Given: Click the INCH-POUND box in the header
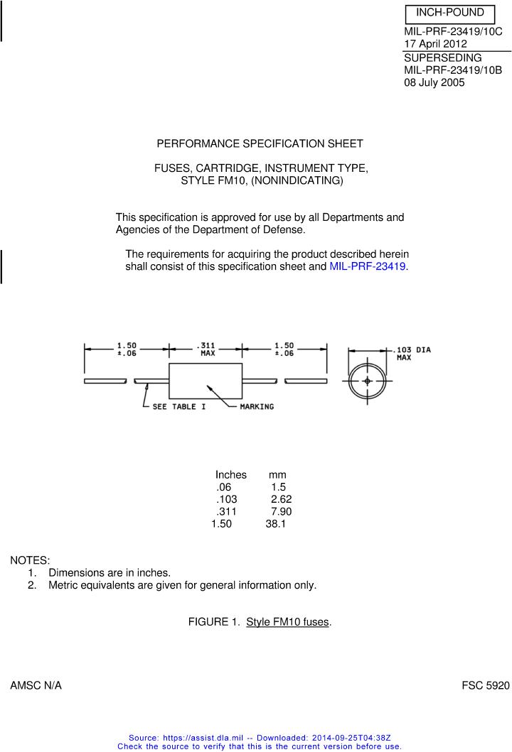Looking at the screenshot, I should tap(449, 13).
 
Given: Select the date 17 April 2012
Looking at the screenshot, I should tap(435, 44).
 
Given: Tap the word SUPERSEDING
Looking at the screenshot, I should tap(442, 58).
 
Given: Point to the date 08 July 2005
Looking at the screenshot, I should tap(434, 82).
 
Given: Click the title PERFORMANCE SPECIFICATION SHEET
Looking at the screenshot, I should tap(260, 143).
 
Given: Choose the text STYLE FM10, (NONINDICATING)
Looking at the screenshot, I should tap(262, 181).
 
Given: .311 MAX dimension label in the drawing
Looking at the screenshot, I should tap(208, 349).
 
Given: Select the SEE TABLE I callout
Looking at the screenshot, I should tap(179, 407).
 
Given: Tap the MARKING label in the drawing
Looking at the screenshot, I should tap(257, 407).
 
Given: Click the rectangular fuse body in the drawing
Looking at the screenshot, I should tap(205, 381).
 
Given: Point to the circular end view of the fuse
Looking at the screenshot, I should tap(367, 381).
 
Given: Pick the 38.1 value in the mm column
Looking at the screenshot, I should tap(276, 525).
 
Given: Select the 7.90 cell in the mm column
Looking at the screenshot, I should tap(281, 512).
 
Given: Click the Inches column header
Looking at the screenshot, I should tap(231, 474).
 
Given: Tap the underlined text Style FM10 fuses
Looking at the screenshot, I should tap(287, 622).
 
